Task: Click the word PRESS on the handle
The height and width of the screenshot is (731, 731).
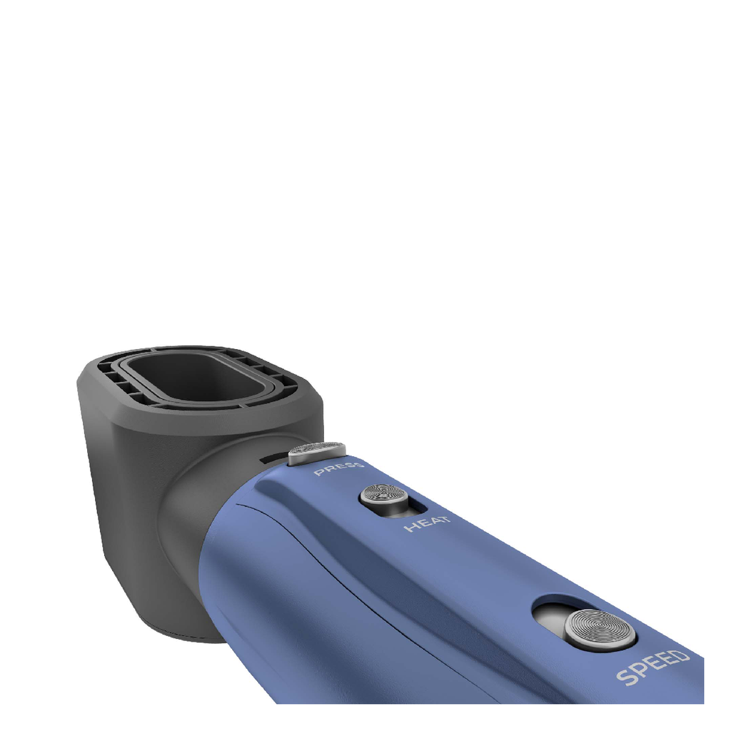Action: click(x=338, y=468)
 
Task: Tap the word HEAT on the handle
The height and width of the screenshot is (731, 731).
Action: click(x=427, y=523)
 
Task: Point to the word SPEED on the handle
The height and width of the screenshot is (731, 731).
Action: click(x=652, y=667)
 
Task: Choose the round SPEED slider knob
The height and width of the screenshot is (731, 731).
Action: click(x=600, y=630)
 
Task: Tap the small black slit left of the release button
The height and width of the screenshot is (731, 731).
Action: click(x=275, y=458)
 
